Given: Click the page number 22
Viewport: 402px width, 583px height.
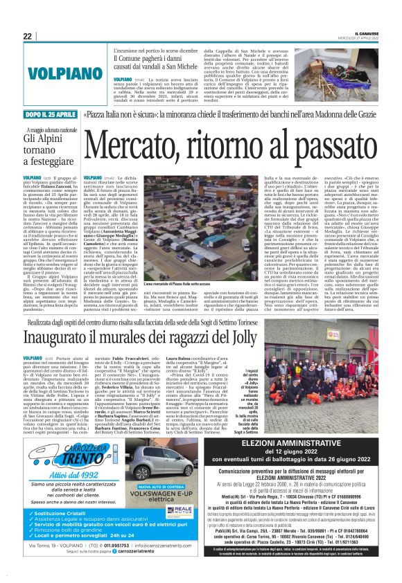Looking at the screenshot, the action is (x=27, y=36).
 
